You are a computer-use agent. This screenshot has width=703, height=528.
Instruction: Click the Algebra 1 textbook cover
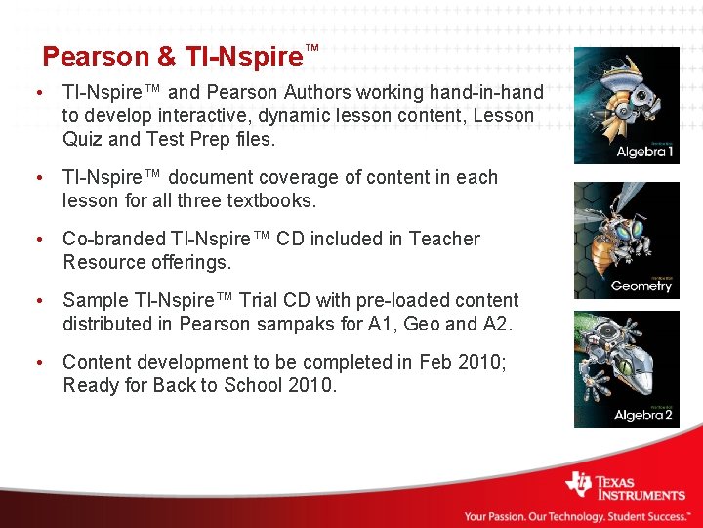[x=626, y=106]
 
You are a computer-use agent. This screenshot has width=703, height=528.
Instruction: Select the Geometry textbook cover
[x=626, y=240]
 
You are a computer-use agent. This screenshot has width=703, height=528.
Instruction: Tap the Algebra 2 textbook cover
[x=626, y=370]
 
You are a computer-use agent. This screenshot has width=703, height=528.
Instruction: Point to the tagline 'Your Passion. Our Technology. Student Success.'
[x=576, y=516]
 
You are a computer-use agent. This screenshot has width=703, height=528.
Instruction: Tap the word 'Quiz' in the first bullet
[x=83, y=139]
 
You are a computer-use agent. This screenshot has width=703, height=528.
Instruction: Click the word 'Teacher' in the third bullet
[x=444, y=239]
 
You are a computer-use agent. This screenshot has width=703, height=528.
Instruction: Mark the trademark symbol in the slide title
[x=312, y=48]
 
